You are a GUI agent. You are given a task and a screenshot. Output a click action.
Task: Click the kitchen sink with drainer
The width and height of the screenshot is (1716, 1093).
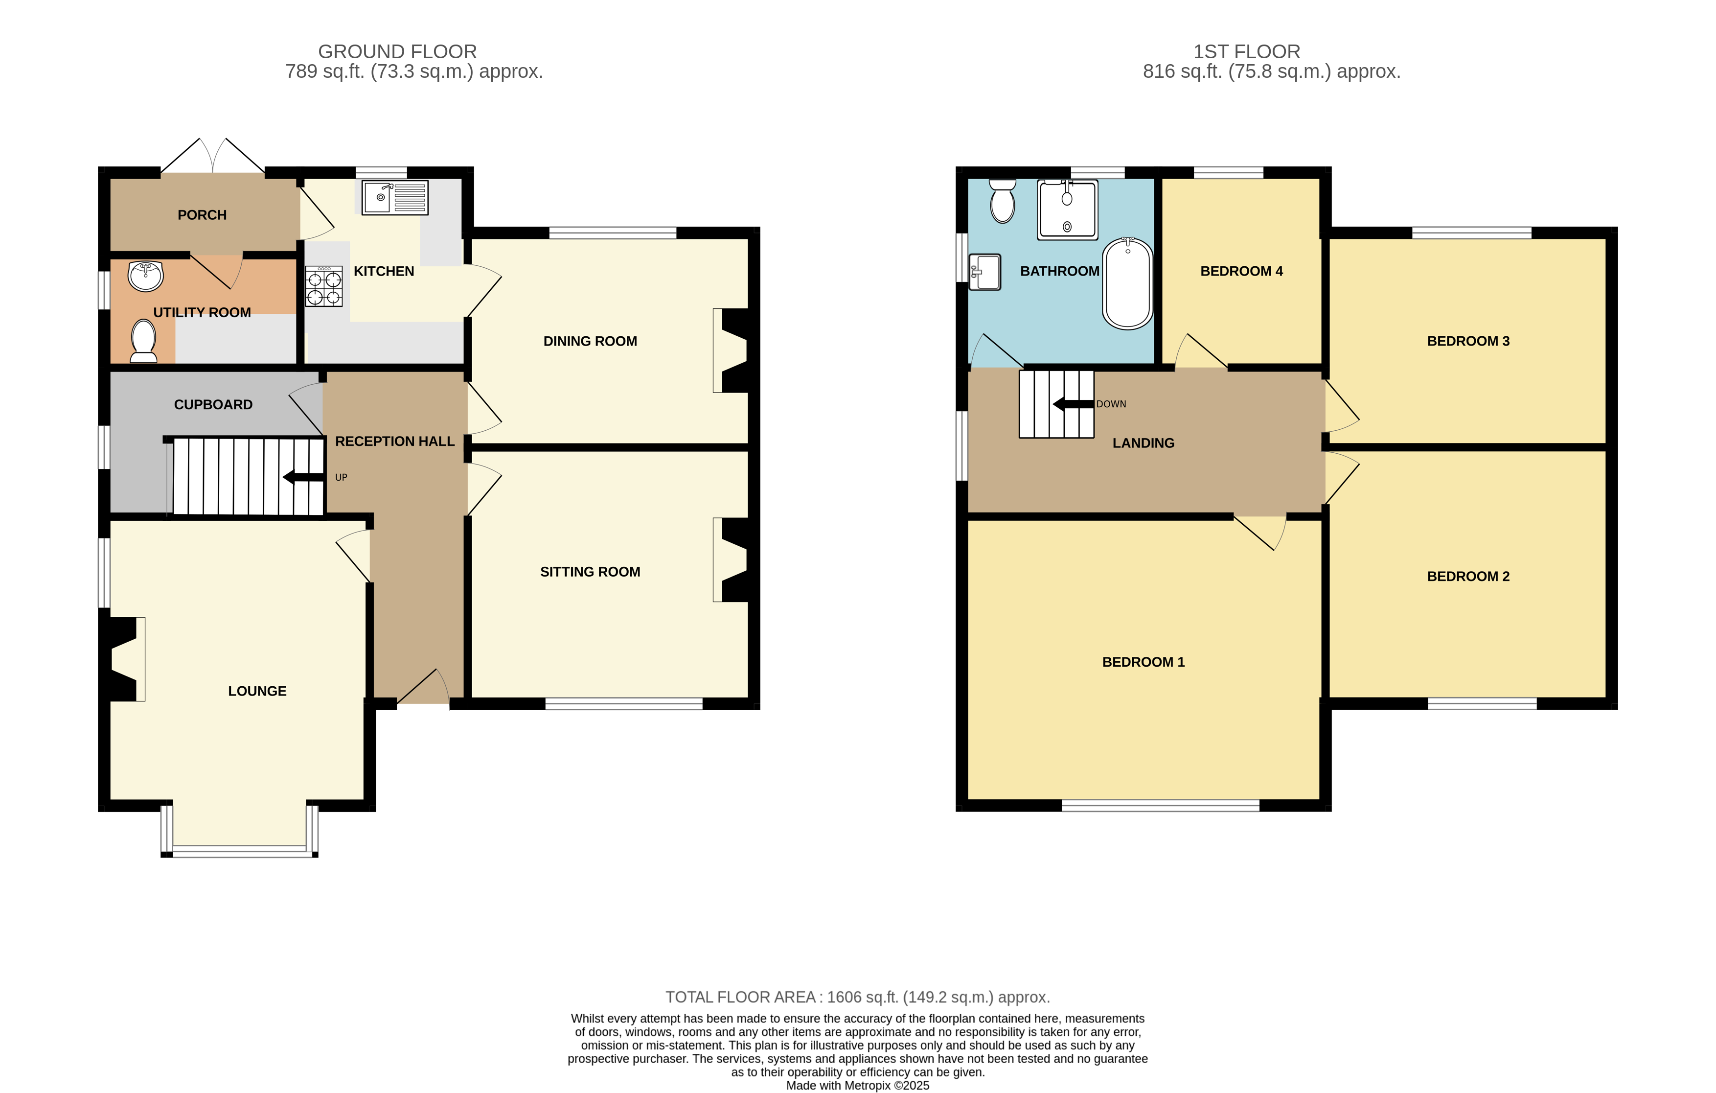(x=395, y=197)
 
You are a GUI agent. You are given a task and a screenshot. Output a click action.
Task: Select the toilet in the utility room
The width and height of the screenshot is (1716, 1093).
(x=143, y=341)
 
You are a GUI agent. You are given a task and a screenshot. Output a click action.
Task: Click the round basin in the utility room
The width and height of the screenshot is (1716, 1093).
(x=146, y=276)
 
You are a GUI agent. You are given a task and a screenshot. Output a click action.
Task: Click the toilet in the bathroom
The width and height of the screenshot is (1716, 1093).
(x=1003, y=201)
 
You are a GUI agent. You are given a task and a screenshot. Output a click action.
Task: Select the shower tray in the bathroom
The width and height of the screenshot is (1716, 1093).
(x=1067, y=209)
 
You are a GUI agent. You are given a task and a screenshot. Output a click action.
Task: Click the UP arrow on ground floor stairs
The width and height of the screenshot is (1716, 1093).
(x=303, y=477)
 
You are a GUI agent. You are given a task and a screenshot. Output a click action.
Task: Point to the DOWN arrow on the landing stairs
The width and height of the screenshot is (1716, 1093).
(x=1073, y=404)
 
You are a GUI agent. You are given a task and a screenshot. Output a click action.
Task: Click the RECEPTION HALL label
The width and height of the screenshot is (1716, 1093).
(x=395, y=442)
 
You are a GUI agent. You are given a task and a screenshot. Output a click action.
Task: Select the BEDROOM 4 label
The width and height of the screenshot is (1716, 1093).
(x=1241, y=271)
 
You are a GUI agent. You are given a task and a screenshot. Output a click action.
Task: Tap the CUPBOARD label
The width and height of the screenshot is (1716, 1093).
(x=213, y=404)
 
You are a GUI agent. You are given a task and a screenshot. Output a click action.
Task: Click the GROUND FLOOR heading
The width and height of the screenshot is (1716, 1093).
(x=397, y=51)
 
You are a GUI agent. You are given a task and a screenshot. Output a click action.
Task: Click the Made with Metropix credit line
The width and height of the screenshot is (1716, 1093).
(x=857, y=1085)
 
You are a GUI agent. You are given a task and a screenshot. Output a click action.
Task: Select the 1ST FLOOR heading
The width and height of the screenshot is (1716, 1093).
(x=1246, y=51)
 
